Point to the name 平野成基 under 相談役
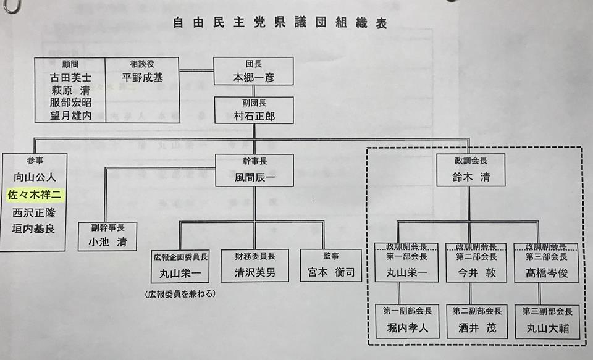(x=141, y=78)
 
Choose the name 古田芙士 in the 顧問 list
(x=70, y=78)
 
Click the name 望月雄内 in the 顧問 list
(x=70, y=115)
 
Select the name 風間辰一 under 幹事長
(x=253, y=177)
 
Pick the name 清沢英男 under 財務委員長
(x=254, y=272)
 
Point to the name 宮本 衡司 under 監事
(x=329, y=272)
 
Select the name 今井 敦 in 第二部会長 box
(x=477, y=272)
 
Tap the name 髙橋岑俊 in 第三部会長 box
(x=546, y=272)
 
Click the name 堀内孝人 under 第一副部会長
(x=408, y=327)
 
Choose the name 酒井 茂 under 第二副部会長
(x=477, y=327)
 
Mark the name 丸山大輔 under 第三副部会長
(x=546, y=327)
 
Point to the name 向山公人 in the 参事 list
(x=35, y=177)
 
